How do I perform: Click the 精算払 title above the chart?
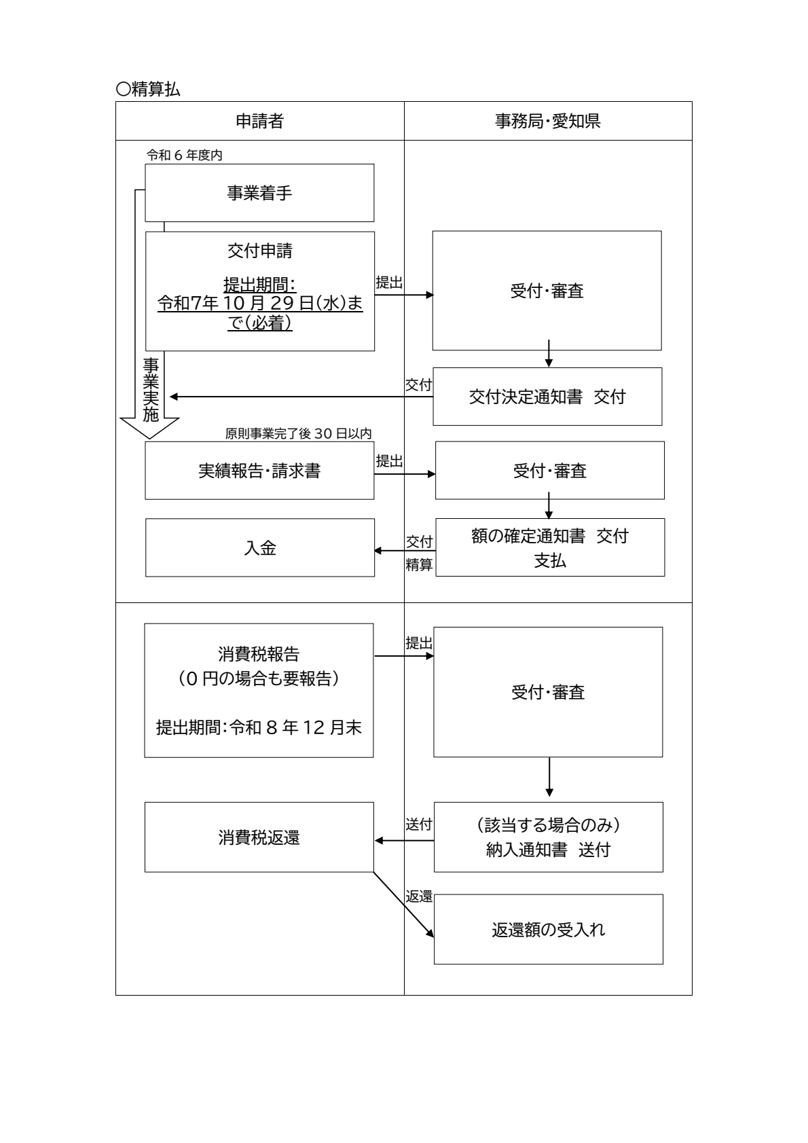click(148, 89)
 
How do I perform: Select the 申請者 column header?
click(259, 122)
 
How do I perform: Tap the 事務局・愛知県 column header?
click(547, 122)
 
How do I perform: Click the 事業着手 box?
click(259, 193)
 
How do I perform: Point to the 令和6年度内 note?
click(185, 156)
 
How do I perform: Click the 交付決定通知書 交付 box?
click(547, 397)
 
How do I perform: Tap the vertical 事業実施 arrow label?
click(151, 391)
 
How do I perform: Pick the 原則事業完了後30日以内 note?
click(298, 434)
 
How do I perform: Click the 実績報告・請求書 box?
click(259, 471)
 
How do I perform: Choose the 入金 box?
click(260, 548)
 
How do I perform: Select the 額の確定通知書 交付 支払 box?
click(550, 548)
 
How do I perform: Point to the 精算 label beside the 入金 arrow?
click(419, 564)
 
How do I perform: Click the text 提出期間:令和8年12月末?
click(259, 728)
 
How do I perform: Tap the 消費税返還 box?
click(259, 837)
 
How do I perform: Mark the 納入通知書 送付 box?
click(548, 837)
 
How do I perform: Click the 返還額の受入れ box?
click(548, 929)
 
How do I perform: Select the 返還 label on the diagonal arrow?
click(419, 896)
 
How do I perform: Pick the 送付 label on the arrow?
click(419, 824)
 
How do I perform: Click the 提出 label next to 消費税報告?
click(419, 643)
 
